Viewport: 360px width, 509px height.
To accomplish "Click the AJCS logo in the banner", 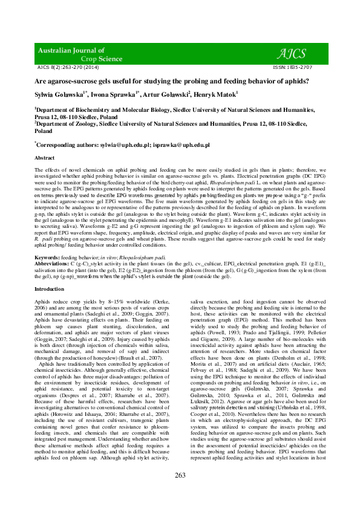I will [x=293, y=53].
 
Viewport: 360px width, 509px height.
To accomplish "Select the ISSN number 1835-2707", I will [x=298, y=67].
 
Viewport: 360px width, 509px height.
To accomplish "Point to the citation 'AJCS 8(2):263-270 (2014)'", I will [x=68, y=67].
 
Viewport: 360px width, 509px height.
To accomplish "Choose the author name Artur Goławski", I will [x=168, y=94].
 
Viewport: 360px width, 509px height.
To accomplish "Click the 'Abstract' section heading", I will [x=46, y=157].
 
